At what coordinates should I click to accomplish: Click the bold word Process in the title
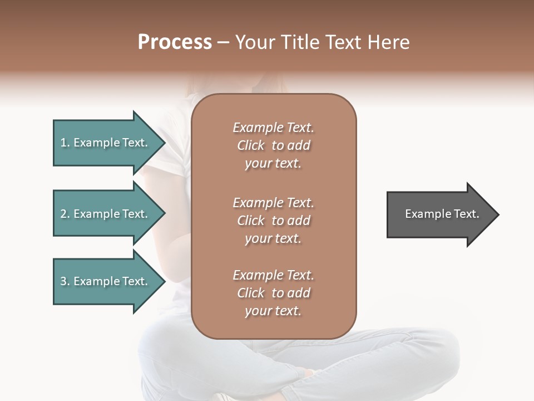(x=175, y=42)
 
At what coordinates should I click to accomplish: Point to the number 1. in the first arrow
(x=65, y=143)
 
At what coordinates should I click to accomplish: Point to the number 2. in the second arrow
(x=65, y=214)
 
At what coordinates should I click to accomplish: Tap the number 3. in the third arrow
(x=65, y=281)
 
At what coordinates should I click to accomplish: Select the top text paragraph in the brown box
(x=273, y=145)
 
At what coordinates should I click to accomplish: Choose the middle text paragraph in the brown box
(x=273, y=220)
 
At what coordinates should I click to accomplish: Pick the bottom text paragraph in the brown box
(x=273, y=293)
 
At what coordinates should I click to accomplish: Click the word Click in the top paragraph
(x=251, y=145)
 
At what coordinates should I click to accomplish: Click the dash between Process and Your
(x=223, y=42)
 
